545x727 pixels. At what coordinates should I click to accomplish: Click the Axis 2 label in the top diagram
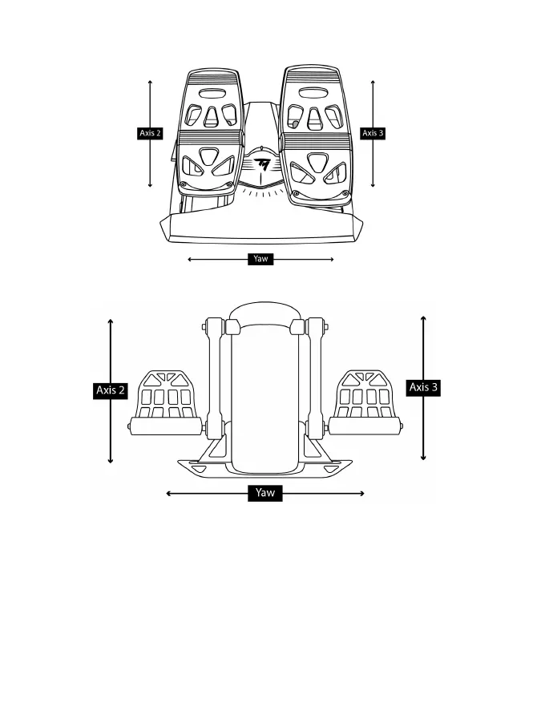click(150, 133)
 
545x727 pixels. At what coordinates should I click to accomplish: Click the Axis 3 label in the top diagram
click(373, 133)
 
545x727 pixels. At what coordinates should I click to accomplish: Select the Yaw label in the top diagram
click(260, 259)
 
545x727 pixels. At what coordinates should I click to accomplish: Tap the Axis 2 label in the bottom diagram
click(111, 390)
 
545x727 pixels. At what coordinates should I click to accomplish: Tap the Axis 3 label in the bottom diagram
click(424, 387)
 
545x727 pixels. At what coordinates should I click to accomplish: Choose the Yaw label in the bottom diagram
click(264, 493)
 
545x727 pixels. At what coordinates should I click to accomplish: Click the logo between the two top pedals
click(262, 164)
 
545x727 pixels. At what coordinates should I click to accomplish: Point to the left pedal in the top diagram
click(210, 136)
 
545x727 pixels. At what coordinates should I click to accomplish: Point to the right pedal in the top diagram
click(315, 136)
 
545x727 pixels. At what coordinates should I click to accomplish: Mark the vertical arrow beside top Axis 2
click(151, 104)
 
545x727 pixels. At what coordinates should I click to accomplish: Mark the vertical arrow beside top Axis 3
click(373, 104)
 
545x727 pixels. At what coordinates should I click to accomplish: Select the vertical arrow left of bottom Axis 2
click(111, 353)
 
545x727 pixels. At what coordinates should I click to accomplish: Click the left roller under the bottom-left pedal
click(163, 426)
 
